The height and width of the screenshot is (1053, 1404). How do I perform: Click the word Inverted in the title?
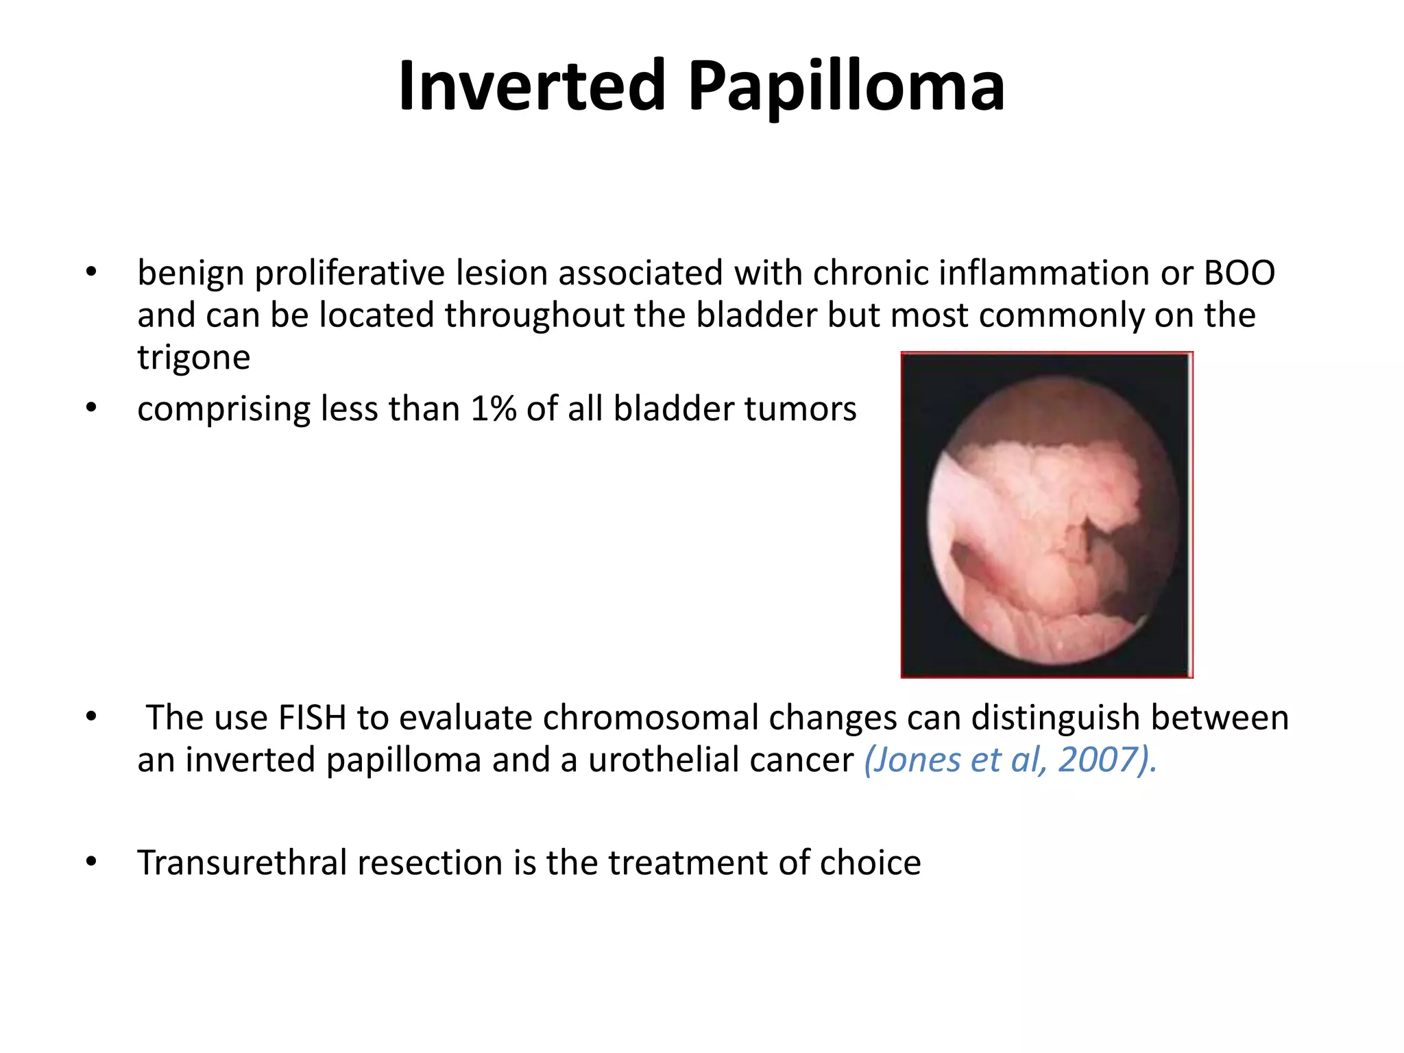click(x=532, y=86)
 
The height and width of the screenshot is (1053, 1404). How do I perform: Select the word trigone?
click(x=194, y=358)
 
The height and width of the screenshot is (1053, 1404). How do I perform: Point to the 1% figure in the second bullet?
click(x=493, y=409)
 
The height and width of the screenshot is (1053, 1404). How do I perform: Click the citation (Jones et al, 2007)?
click(x=1010, y=760)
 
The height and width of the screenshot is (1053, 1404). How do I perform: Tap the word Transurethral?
click(x=242, y=863)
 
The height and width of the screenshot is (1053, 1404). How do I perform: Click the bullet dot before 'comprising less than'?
click(x=91, y=409)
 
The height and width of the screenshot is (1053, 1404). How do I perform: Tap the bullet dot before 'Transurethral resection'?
click(x=91, y=862)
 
